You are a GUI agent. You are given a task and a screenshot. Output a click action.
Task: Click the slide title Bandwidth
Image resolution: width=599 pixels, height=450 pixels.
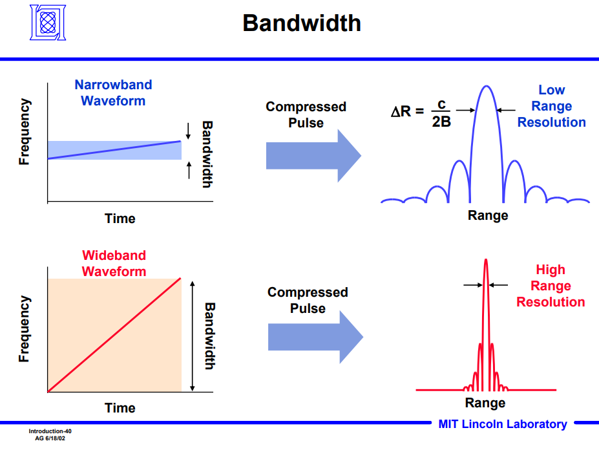[x=301, y=23]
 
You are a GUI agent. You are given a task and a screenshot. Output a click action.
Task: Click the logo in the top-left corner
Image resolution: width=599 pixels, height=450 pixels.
[x=48, y=23]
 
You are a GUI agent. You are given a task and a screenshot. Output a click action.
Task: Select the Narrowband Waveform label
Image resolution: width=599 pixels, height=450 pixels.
[x=113, y=92]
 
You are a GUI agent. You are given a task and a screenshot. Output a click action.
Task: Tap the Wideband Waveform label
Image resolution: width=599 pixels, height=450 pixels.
[x=114, y=263]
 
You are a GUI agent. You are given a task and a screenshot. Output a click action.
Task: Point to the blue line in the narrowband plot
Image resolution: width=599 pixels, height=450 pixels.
[x=114, y=149]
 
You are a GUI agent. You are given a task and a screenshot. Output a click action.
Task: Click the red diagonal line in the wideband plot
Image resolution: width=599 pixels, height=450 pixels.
[x=114, y=335]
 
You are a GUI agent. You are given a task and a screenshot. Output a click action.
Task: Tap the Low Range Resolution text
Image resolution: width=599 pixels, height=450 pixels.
[x=551, y=106]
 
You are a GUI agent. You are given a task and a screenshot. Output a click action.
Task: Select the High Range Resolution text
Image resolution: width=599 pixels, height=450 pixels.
[x=551, y=286]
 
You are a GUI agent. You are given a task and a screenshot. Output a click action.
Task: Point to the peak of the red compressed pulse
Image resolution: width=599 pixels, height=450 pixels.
[x=486, y=261]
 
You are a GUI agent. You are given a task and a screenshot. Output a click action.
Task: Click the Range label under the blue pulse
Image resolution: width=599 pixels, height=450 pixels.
[x=488, y=215]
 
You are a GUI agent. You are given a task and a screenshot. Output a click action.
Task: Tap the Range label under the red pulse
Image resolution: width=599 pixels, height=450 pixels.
[x=485, y=403]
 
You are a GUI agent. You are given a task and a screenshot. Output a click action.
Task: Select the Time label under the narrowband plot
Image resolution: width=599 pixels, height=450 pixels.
[x=120, y=219]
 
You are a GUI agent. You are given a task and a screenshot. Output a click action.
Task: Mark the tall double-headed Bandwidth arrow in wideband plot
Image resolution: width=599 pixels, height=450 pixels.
[x=193, y=336]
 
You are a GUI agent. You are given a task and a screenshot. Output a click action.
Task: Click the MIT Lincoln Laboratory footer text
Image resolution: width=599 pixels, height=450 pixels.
[x=502, y=424]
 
